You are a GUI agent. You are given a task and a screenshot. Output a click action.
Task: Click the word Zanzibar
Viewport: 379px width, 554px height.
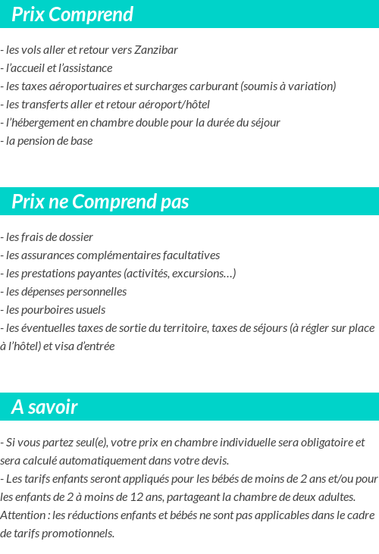(x=156, y=50)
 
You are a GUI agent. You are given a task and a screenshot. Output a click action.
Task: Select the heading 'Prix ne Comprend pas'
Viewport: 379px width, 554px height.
(x=100, y=202)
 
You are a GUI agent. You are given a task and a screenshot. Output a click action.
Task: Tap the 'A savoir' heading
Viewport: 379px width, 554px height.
(x=45, y=407)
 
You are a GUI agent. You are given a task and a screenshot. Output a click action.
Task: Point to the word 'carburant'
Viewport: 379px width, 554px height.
(x=214, y=86)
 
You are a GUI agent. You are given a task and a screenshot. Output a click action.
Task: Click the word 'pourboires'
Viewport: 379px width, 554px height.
(x=45, y=310)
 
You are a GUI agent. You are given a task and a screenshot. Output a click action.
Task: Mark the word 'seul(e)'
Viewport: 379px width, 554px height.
(x=90, y=443)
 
